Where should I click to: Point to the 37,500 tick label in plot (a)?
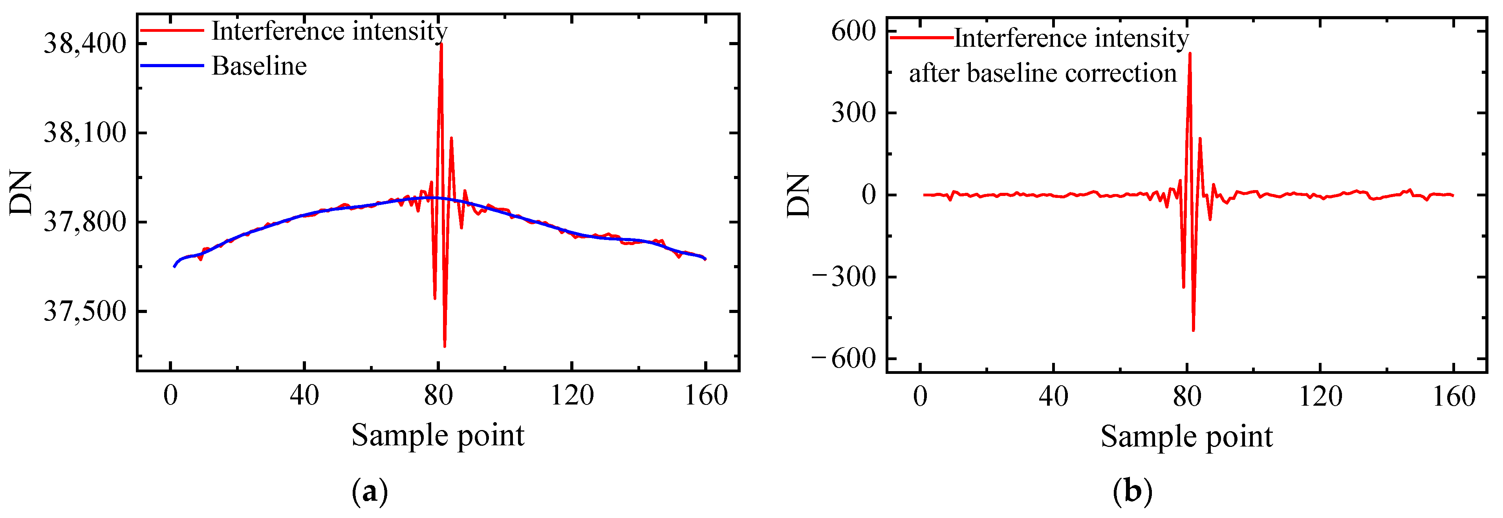[84, 311]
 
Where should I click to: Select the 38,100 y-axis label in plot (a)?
[84, 133]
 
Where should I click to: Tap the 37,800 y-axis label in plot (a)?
[84, 222]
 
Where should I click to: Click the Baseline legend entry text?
[259, 66]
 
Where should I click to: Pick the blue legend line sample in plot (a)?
[172, 65]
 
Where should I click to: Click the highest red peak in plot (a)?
[441, 44]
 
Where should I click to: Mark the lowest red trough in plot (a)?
[445, 346]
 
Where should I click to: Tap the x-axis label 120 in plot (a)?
[572, 395]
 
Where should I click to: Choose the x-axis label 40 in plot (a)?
[304, 395]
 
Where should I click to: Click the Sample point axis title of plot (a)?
[438, 435]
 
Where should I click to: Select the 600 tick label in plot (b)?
[853, 31]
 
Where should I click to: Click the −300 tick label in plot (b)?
[845, 276]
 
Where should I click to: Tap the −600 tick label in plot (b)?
[845, 358]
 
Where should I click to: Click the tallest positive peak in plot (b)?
[1190, 54]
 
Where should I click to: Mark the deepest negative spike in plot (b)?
[1193, 331]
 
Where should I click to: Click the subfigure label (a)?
[370, 492]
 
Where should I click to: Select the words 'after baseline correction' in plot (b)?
[1043, 73]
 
